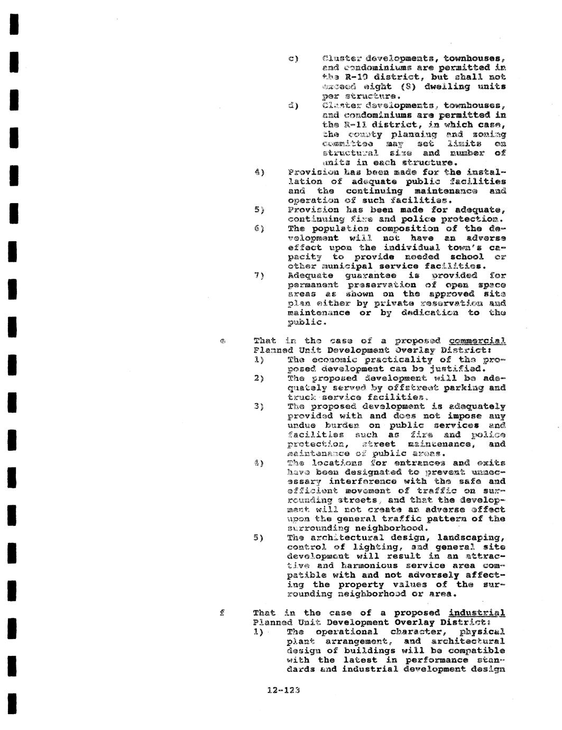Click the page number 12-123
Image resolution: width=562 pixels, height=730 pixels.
[283, 690]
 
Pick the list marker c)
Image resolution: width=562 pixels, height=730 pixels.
[293, 58]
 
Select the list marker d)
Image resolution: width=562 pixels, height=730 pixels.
[293, 106]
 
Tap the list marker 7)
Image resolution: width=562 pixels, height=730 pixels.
[259, 276]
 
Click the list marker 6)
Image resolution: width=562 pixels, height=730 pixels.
[259, 229]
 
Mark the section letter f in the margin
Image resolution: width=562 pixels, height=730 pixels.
[223, 613]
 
